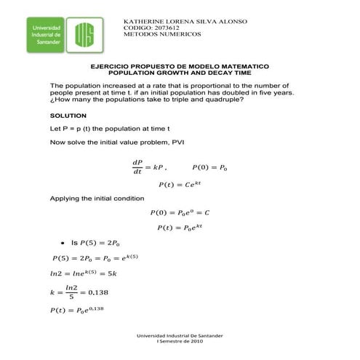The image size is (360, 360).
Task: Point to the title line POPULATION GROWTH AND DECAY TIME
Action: pos(180,73)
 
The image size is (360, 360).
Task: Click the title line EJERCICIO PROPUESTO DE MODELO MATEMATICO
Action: pos(180,66)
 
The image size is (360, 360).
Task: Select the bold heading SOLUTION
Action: pos(68,116)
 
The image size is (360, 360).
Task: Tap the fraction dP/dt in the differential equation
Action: pos(137,167)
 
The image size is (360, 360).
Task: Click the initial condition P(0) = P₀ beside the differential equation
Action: pos(209,167)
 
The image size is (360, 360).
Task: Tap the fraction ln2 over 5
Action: pos(71,292)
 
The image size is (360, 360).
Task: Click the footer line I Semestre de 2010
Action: pos(180,340)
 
